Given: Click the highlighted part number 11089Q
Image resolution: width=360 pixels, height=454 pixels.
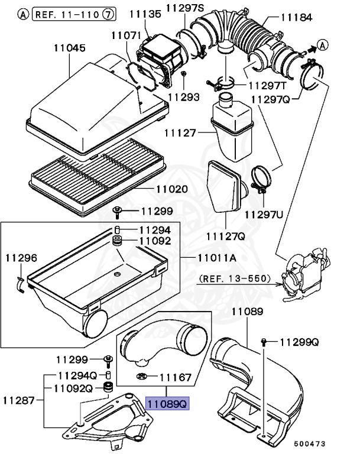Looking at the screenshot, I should click(167, 404).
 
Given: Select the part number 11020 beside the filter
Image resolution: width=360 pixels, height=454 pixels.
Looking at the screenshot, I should click(171, 189).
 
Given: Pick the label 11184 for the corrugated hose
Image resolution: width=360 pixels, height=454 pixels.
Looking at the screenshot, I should click(296, 18).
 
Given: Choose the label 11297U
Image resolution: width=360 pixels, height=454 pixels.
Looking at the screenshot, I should click(264, 213).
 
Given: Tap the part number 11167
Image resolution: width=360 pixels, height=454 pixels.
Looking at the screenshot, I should click(176, 376).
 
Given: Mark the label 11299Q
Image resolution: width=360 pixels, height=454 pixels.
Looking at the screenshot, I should click(299, 342).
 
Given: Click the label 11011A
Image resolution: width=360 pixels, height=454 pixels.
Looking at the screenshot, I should click(210, 258).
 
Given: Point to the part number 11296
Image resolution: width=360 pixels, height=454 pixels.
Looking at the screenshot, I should click(21, 258).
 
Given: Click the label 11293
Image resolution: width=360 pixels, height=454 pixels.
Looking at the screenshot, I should click(183, 96).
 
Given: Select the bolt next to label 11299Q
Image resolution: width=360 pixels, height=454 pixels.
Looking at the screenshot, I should click(264, 342).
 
